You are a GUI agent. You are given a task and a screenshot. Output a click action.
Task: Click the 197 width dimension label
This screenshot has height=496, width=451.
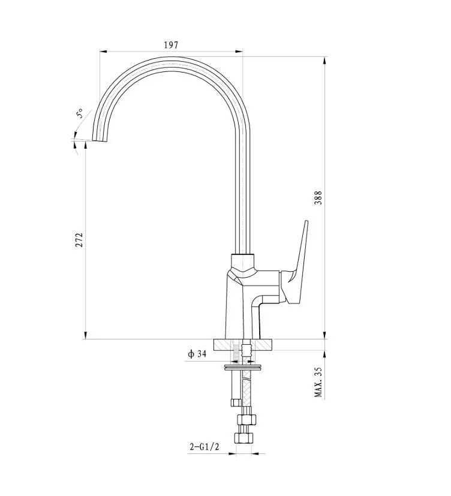171,45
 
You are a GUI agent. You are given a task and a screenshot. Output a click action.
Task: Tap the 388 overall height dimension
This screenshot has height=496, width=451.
318,198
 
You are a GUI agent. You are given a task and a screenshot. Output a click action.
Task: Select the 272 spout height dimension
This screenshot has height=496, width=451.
79,240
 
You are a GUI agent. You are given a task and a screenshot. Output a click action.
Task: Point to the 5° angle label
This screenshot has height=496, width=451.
80,113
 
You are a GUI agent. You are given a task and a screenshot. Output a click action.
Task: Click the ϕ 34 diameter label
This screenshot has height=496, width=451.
197,354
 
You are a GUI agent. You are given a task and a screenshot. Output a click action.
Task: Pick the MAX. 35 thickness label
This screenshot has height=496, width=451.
318,382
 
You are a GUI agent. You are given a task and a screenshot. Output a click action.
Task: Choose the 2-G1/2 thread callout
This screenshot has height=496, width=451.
205,446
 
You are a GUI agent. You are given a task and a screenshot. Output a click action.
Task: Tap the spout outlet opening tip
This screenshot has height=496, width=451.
100,140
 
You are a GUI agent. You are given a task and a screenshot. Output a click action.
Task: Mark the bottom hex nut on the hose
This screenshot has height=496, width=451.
244,438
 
